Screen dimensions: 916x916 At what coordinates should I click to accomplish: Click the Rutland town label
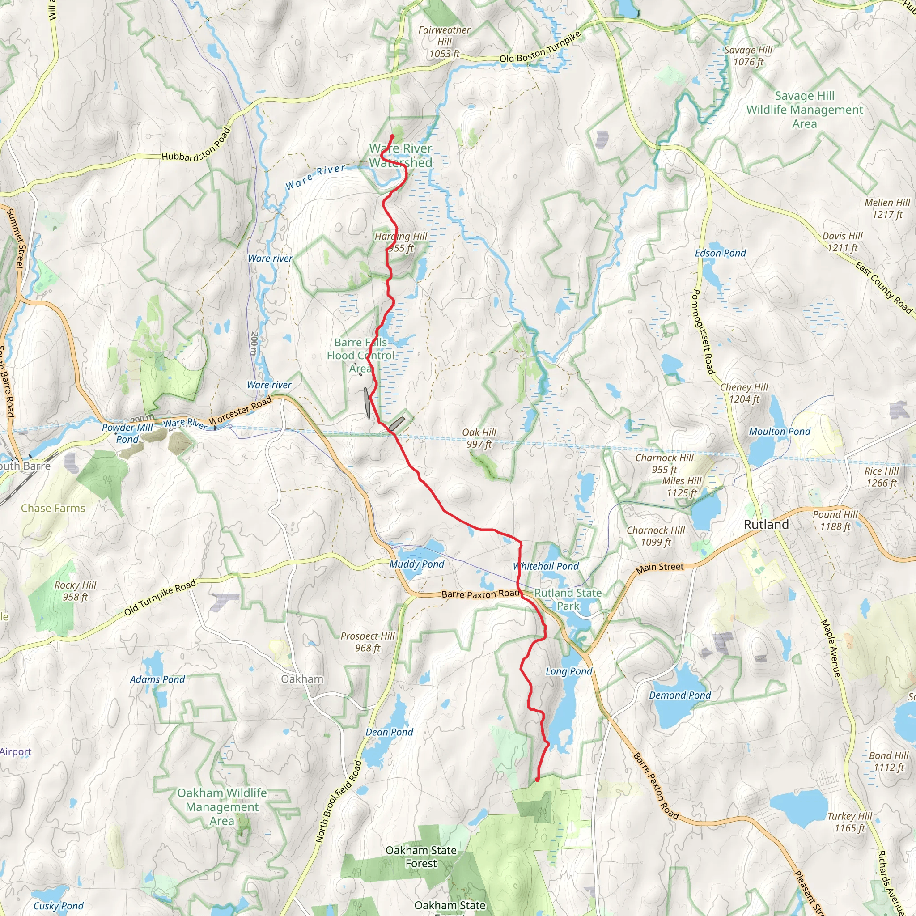[x=766, y=524]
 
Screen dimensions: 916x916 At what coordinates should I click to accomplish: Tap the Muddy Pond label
[x=416, y=564]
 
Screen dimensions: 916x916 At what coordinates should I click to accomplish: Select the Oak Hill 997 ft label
[x=479, y=438]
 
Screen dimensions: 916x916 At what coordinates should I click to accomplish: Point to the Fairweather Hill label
[x=444, y=42]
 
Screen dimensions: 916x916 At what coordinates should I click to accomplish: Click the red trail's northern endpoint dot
[x=392, y=136]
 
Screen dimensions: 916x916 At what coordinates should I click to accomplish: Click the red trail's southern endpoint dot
[x=537, y=780]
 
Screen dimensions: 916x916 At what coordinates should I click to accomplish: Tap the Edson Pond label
[x=720, y=253]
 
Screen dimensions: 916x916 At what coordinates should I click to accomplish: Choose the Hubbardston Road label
[x=196, y=145]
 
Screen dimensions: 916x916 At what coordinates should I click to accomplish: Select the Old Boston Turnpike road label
[x=540, y=47]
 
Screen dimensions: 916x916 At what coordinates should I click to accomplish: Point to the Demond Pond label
[x=680, y=695]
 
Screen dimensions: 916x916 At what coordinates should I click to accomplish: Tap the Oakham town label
[x=302, y=679]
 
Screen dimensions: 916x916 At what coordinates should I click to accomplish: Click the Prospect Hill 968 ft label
[x=368, y=642]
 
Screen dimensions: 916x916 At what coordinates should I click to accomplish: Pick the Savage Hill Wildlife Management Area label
[x=805, y=110]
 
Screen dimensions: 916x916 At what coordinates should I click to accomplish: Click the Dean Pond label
[x=389, y=732]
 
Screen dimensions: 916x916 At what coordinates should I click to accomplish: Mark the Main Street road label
[x=660, y=568]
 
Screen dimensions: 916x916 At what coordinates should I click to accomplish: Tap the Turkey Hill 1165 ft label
[x=850, y=822]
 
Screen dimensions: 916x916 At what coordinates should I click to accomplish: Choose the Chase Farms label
[x=53, y=508]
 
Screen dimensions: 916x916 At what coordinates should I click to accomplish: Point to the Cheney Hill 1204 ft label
[x=744, y=393]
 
